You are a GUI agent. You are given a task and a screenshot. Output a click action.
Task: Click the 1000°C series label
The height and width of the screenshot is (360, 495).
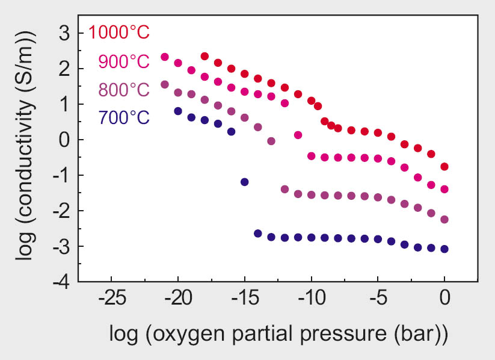click(118, 32)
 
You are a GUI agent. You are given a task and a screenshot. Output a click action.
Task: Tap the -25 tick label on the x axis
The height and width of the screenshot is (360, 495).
click(112, 299)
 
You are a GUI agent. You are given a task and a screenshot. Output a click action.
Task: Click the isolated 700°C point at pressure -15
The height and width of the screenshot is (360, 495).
click(245, 182)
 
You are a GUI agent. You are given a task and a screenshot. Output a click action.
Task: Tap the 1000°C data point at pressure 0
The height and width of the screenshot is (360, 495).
click(444, 167)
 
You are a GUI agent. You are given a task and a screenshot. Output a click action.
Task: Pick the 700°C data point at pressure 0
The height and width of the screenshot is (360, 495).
click(444, 249)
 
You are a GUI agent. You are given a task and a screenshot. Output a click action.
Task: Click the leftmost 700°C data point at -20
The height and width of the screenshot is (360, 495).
click(178, 111)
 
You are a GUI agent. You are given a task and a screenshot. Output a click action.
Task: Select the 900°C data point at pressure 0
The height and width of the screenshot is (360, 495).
click(444, 189)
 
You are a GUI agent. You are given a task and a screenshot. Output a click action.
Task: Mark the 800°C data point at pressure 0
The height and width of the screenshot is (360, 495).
click(444, 219)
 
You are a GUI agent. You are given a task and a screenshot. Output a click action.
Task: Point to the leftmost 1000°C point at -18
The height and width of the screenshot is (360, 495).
click(204, 56)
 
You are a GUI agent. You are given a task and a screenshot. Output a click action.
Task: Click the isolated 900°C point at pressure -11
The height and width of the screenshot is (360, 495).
click(298, 135)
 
